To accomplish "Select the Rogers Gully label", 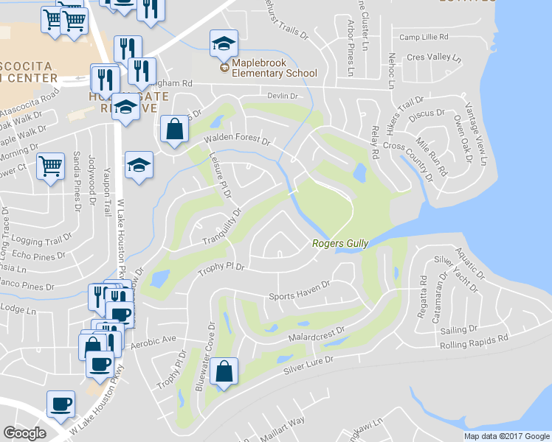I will [339, 244].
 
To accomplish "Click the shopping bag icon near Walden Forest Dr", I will [174, 130].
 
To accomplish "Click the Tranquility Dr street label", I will [222, 228].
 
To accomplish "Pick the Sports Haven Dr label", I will [297, 294].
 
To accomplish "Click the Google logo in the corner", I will [25, 432].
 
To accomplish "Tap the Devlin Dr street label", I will [281, 97].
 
